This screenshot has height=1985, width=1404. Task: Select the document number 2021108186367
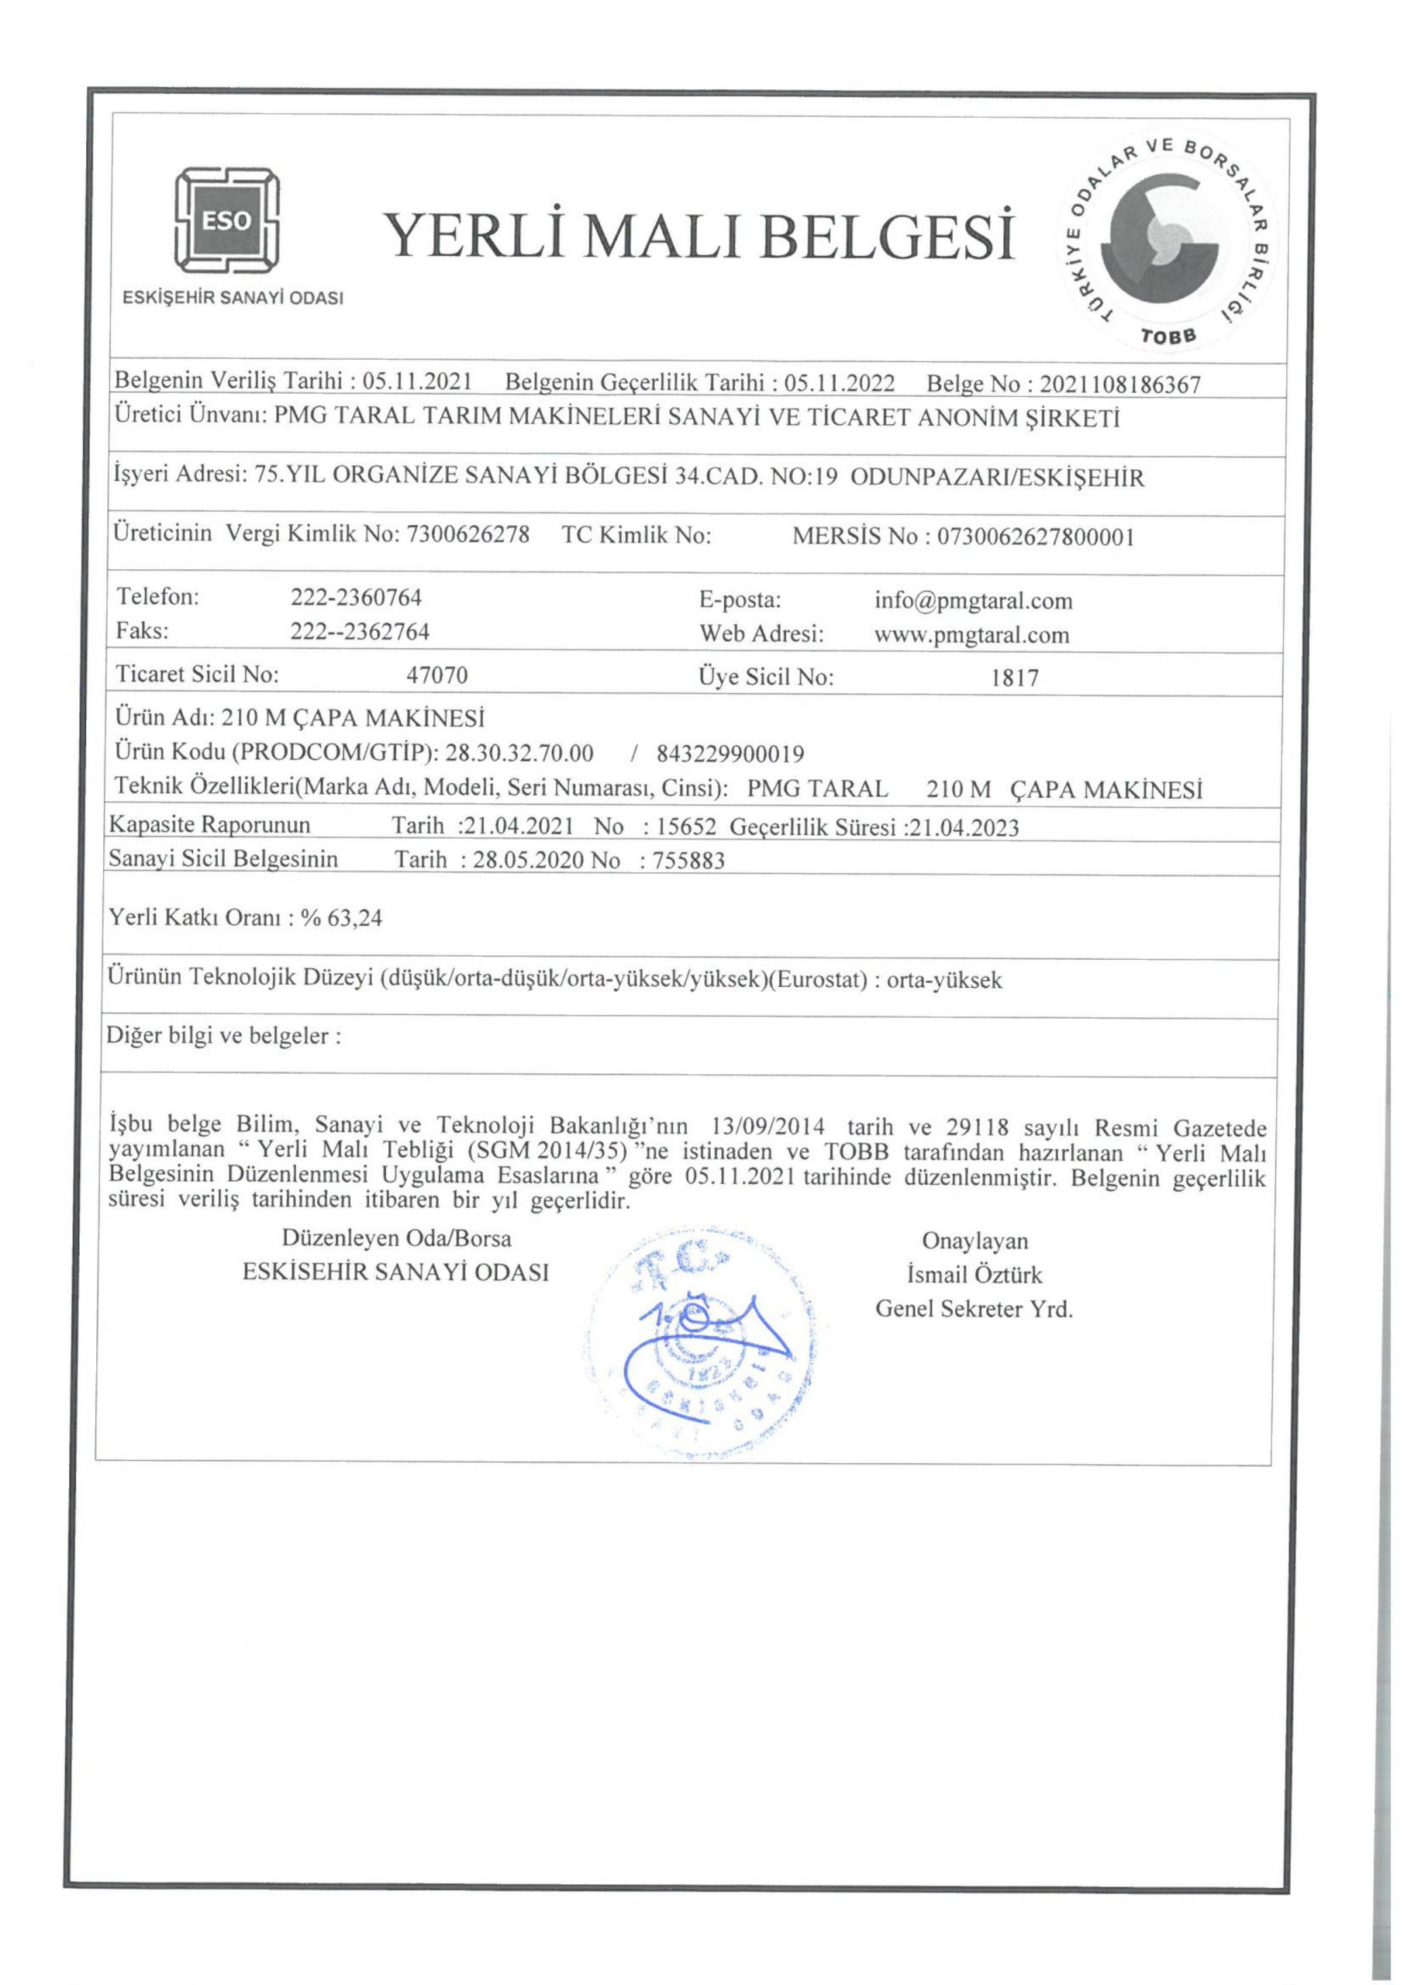click(x=1120, y=385)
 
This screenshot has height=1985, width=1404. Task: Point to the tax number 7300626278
click(x=467, y=535)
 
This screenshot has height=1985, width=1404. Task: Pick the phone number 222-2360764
click(x=356, y=597)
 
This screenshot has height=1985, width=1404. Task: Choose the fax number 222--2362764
click(x=360, y=632)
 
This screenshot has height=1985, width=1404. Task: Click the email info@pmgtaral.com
click(x=974, y=600)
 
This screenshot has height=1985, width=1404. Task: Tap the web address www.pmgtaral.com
click(x=971, y=636)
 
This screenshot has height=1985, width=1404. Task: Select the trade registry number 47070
click(x=437, y=675)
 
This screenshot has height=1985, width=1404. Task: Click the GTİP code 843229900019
click(x=730, y=754)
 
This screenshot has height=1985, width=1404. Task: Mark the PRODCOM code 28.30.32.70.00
click(x=519, y=753)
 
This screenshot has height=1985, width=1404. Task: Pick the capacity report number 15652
click(x=688, y=827)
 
